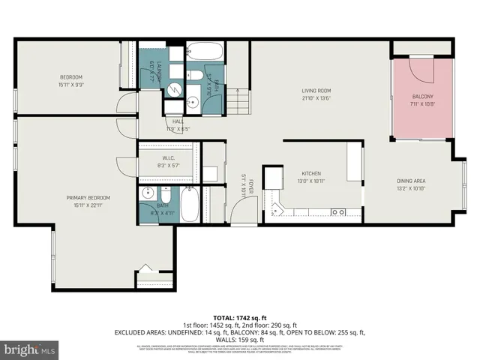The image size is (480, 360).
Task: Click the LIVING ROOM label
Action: coord(316,91)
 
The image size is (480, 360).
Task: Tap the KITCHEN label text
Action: coord(311,172)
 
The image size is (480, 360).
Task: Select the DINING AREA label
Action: coord(411,181)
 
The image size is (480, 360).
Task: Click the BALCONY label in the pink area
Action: coord(422,97)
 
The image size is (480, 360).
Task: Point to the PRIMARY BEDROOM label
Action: coord(88,197)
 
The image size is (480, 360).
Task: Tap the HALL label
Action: coord(178,121)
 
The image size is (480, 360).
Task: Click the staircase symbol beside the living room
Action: coord(238,100)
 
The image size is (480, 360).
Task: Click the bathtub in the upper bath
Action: coord(204,53)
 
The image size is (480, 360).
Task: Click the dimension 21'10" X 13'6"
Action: coord(316,98)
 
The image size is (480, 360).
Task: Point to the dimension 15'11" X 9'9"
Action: coord(71,85)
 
